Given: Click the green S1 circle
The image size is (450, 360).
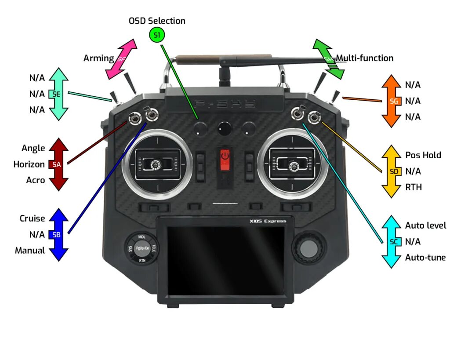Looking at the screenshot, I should [156, 35].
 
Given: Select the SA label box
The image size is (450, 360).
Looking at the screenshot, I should [56, 164].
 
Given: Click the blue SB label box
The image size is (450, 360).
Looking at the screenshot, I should [56, 235].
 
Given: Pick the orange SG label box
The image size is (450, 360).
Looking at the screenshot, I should [394, 101].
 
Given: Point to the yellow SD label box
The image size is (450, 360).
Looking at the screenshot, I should [394, 171].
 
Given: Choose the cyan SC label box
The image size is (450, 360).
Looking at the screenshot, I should [394, 242].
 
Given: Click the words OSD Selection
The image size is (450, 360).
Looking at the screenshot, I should [157, 21].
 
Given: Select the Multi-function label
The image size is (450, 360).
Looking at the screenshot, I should [365, 58].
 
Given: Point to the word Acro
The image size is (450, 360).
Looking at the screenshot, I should [36, 180].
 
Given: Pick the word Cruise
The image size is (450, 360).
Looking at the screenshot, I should [32, 218].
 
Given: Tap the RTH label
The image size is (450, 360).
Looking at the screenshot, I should [414, 187].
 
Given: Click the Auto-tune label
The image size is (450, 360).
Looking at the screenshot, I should [425, 258].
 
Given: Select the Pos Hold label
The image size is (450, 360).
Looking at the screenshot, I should [423, 155].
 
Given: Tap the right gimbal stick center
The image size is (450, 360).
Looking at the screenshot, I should [293, 165].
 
